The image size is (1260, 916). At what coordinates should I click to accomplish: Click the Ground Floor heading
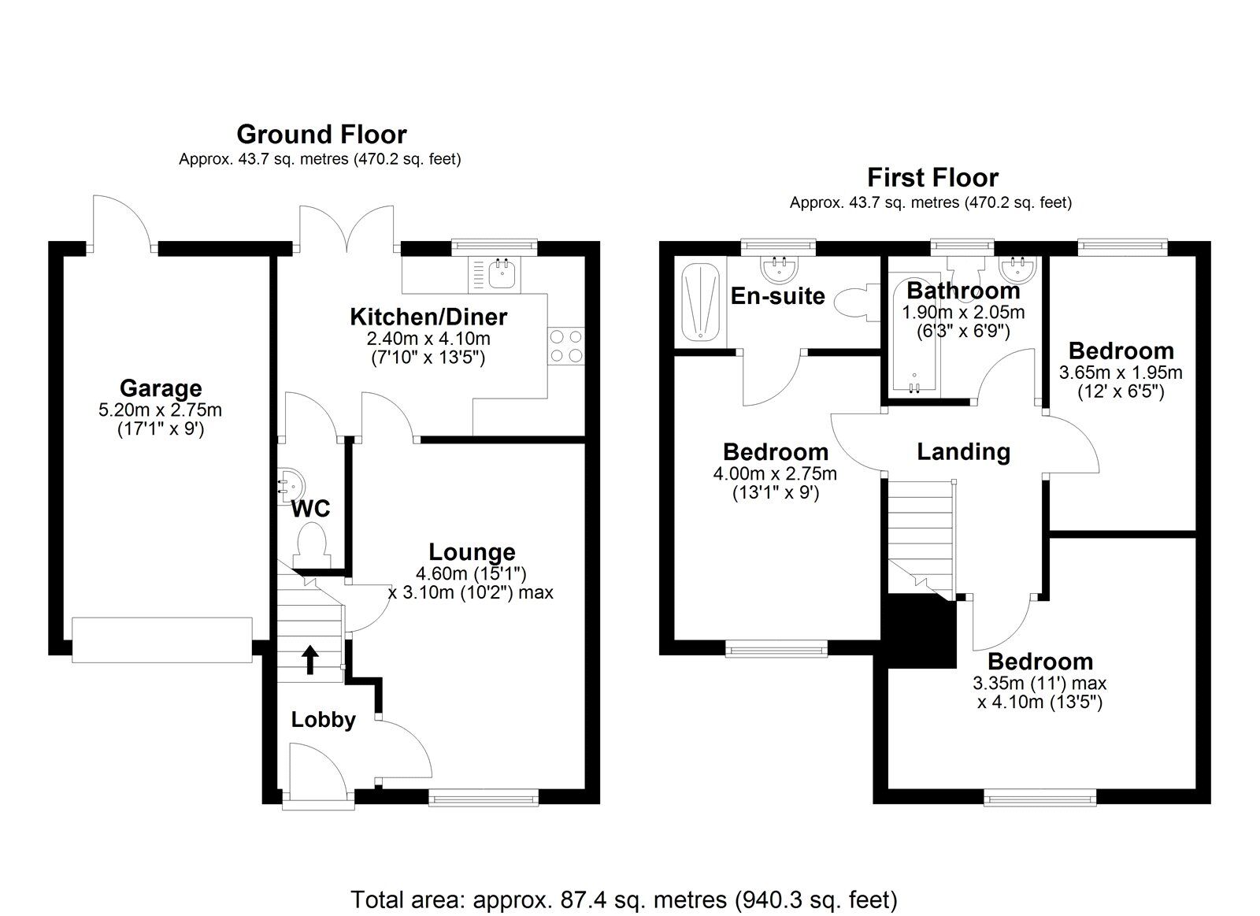click(x=321, y=135)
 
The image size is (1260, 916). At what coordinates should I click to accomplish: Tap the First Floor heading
click(x=932, y=178)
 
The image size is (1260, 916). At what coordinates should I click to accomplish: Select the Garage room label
click(x=161, y=388)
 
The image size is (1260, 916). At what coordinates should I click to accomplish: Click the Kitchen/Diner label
click(x=428, y=317)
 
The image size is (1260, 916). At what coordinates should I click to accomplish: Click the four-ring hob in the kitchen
click(x=566, y=346)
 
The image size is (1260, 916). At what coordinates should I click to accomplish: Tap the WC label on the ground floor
click(x=310, y=509)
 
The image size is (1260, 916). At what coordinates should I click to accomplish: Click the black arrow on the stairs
click(x=309, y=659)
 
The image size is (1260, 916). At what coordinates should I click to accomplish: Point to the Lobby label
click(x=324, y=720)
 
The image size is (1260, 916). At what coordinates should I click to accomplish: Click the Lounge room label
click(x=472, y=552)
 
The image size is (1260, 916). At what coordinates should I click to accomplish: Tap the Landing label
click(x=964, y=452)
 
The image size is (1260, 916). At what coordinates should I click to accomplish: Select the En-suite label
click(x=777, y=296)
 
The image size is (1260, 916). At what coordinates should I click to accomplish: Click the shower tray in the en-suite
click(x=700, y=302)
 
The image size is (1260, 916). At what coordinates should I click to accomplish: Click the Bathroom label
click(x=963, y=291)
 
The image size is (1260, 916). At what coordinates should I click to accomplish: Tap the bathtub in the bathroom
click(x=914, y=335)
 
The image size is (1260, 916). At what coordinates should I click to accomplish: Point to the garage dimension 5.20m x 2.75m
click(x=161, y=410)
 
